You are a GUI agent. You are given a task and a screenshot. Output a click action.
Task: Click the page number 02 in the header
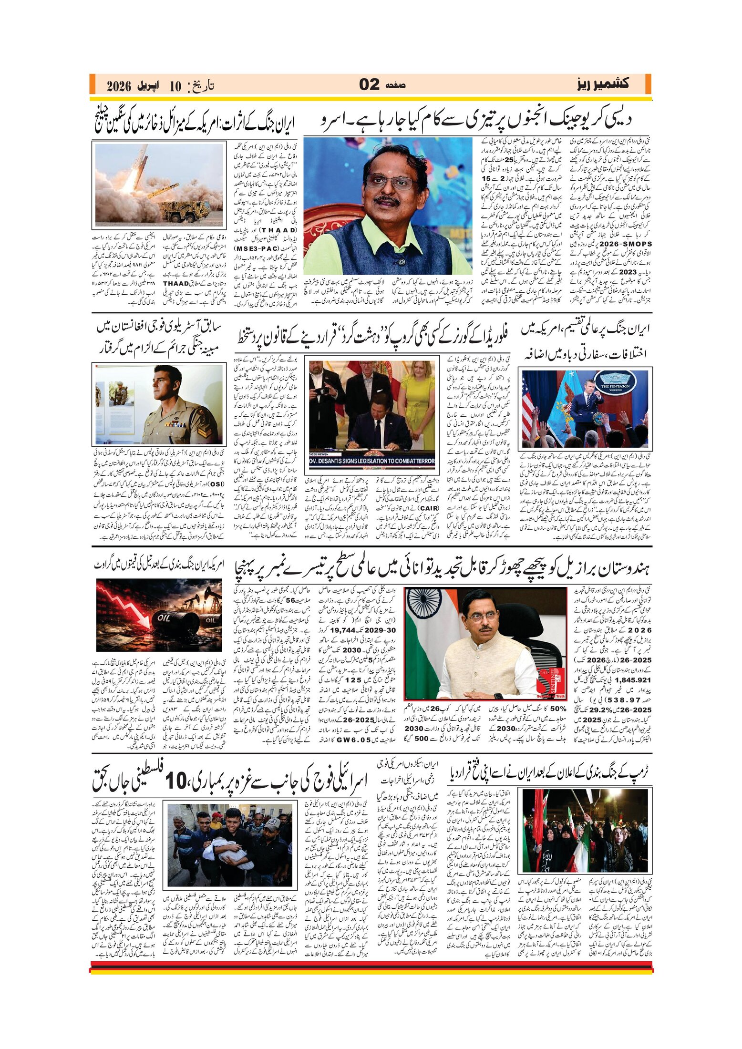coord(369,85)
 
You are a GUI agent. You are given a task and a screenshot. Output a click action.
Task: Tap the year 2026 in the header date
coord(119,86)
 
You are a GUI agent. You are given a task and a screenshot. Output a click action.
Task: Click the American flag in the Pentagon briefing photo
coord(528,405)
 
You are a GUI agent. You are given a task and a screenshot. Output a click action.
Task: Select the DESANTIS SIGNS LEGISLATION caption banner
coord(372,461)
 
